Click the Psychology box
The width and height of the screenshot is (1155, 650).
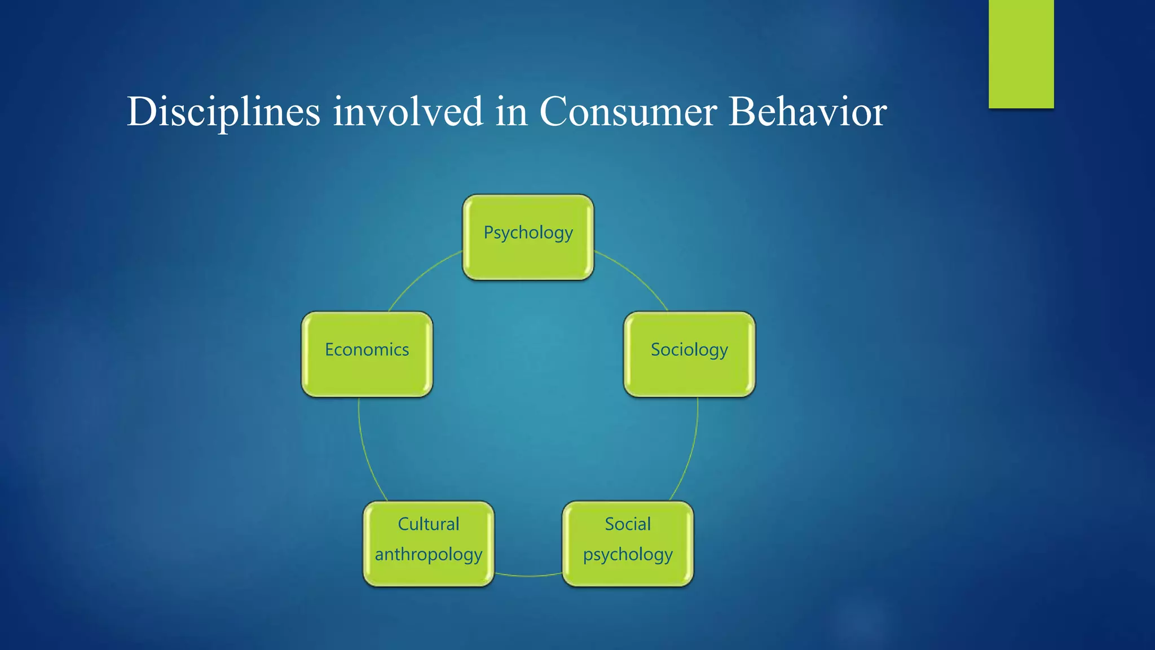(528, 237)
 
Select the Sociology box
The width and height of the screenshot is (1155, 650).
(689, 354)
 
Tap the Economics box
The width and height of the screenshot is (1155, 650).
(367, 354)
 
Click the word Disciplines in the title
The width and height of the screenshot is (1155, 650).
(223, 112)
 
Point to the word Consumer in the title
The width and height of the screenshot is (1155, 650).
(628, 112)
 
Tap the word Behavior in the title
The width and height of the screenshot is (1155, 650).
(808, 112)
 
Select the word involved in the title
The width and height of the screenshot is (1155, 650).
(408, 112)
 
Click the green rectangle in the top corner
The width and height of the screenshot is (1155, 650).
(1021, 54)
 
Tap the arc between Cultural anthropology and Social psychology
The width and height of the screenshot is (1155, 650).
(528, 576)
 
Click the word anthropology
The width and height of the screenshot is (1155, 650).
(429, 555)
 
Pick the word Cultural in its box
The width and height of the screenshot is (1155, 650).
(429, 524)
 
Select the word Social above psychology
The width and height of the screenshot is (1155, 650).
(628, 524)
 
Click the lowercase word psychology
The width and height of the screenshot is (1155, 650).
(628, 555)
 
